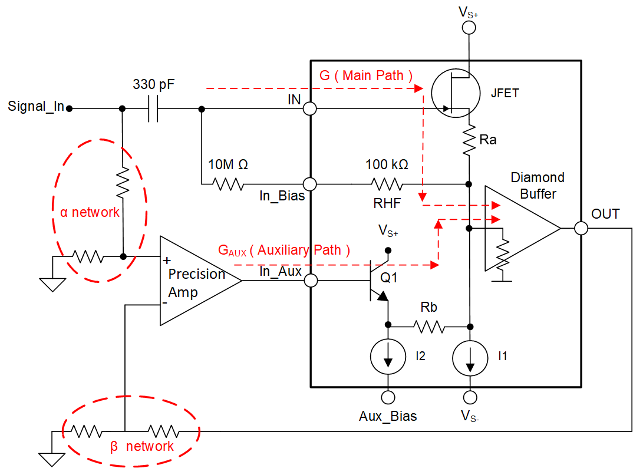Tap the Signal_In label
tap(35, 107)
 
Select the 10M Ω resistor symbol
tap(229, 185)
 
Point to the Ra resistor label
tap(488, 140)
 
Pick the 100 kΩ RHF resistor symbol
tap(387, 185)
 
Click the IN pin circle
tap(310, 109)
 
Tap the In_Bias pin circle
tap(310, 185)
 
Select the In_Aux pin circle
tap(310, 281)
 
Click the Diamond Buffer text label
tap(538, 185)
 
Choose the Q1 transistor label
tap(389, 277)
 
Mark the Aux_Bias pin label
tap(388, 416)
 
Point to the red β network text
tap(142, 446)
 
